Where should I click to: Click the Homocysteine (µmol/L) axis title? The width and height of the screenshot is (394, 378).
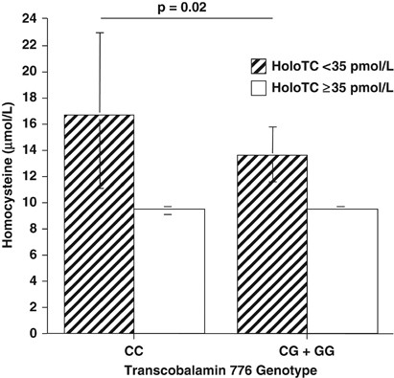(10, 177)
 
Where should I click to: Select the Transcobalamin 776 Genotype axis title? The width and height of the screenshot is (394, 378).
(200, 367)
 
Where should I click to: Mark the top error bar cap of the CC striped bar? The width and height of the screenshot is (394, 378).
(99, 33)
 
